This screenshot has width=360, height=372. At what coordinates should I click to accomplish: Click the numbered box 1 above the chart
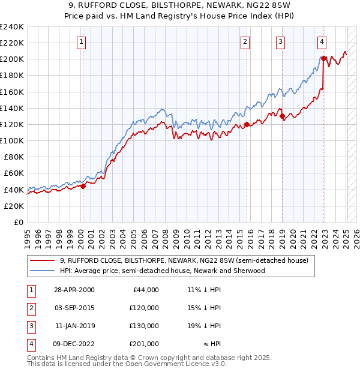81,41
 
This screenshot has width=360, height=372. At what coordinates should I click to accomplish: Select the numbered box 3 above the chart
280,41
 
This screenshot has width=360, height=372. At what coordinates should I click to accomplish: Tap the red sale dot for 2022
323,58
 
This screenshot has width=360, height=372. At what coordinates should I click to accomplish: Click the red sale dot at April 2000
83,186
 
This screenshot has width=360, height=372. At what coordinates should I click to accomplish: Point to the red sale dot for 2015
246,125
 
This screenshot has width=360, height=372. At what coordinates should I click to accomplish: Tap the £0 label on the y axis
18,222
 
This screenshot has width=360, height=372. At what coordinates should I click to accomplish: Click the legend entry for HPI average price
162,271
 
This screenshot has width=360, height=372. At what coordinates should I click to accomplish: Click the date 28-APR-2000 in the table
74,290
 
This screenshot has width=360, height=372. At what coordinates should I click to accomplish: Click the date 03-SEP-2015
74,308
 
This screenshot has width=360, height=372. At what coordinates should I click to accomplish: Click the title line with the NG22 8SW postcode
180,7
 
